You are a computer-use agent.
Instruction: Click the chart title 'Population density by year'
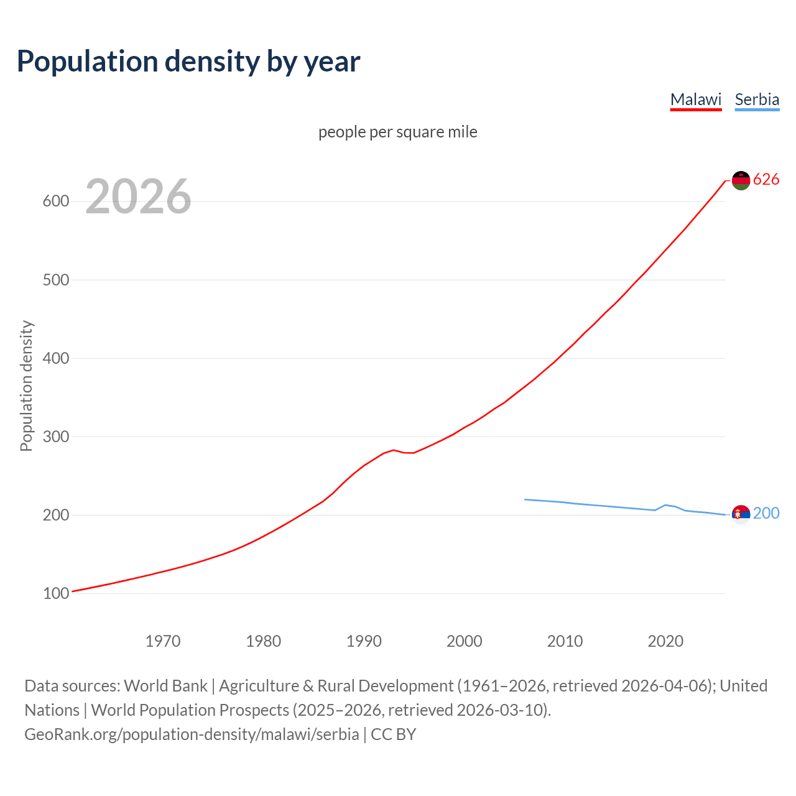coord(188,62)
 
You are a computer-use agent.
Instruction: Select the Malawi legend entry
coord(695,99)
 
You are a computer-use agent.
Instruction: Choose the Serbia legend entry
coord(757,99)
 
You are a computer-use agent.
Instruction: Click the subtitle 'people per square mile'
coord(397,132)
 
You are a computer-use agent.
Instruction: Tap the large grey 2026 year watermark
coord(138,197)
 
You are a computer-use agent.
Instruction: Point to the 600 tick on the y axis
coord(55,201)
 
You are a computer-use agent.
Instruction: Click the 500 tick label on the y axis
coord(55,280)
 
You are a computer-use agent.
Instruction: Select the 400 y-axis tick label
coord(55,358)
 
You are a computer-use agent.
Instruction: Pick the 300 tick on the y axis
coord(55,437)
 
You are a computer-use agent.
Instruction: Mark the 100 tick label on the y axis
coord(55,593)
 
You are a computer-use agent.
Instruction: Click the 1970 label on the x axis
coord(163,641)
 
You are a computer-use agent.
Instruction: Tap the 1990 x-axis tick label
coord(364,641)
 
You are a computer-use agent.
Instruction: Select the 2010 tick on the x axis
coord(565,641)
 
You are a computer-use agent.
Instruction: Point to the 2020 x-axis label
coord(665,641)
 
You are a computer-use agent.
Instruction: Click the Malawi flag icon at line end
coord(741,180)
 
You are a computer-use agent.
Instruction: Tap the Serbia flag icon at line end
coord(741,514)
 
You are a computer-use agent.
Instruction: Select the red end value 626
coord(766,180)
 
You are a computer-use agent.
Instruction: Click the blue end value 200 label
coord(766,513)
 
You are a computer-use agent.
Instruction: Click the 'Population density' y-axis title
coord(26,386)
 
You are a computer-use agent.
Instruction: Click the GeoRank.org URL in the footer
coord(192,734)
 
